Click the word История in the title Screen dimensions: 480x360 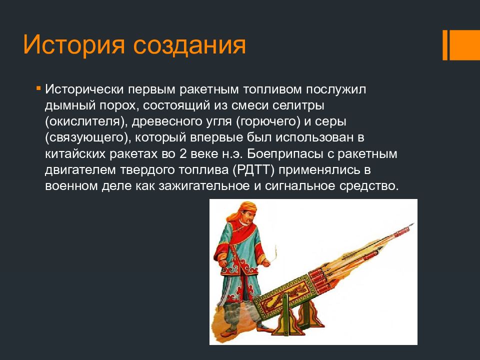click(74, 45)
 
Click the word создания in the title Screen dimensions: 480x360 click(189, 45)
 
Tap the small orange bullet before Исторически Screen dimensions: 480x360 click(38, 88)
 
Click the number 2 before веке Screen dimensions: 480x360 click(183, 153)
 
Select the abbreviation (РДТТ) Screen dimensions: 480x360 click(253, 170)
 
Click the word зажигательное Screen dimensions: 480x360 click(204, 186)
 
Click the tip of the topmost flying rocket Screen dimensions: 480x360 click(414, 224)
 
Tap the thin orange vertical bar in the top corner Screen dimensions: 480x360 click(445, 45)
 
